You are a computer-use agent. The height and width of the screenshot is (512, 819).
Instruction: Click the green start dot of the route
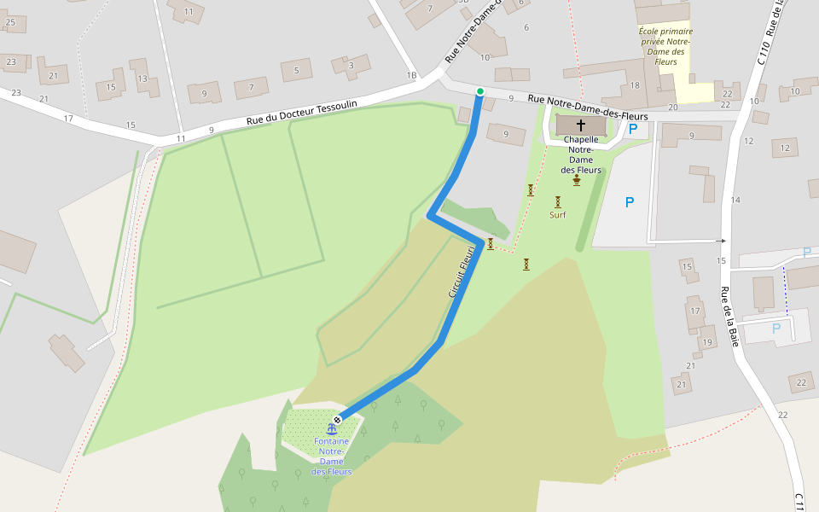480,91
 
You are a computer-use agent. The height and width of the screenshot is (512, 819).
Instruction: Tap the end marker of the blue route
338,419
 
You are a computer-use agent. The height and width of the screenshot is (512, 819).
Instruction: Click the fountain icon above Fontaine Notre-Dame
331,428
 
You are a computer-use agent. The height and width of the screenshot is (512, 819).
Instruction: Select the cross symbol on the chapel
581,125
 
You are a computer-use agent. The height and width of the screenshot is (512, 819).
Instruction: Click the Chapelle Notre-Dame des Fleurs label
581,154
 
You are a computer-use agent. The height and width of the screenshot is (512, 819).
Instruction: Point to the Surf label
557,215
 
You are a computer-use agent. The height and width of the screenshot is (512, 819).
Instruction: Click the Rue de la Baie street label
730,317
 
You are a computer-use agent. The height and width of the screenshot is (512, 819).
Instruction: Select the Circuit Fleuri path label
461,271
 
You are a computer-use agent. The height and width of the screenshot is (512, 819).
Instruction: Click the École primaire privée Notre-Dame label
665,46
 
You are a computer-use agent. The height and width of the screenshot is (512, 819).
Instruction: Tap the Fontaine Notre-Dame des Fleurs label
331,457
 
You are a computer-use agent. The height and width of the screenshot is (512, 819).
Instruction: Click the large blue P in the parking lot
630,202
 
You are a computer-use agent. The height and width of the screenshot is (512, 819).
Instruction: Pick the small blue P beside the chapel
632,130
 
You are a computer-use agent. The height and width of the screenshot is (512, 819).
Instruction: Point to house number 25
10,21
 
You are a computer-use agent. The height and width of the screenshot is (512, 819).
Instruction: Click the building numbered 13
142,79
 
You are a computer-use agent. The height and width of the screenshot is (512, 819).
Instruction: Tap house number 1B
411,76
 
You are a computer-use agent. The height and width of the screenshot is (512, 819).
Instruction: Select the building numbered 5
296,70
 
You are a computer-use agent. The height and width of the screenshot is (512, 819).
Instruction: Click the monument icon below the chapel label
577,179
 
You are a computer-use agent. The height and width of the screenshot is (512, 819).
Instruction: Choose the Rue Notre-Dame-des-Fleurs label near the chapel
587,108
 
